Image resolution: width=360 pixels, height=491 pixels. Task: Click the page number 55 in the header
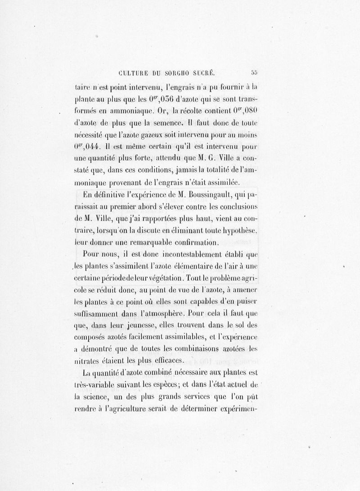254,71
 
